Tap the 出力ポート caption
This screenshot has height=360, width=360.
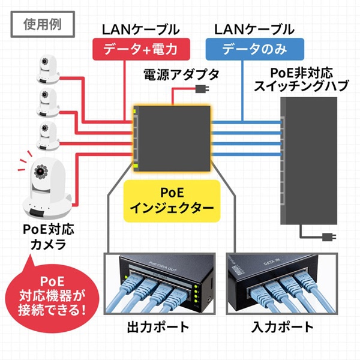[x=158, y=327]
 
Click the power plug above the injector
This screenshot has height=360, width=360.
[x=201, y=90]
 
